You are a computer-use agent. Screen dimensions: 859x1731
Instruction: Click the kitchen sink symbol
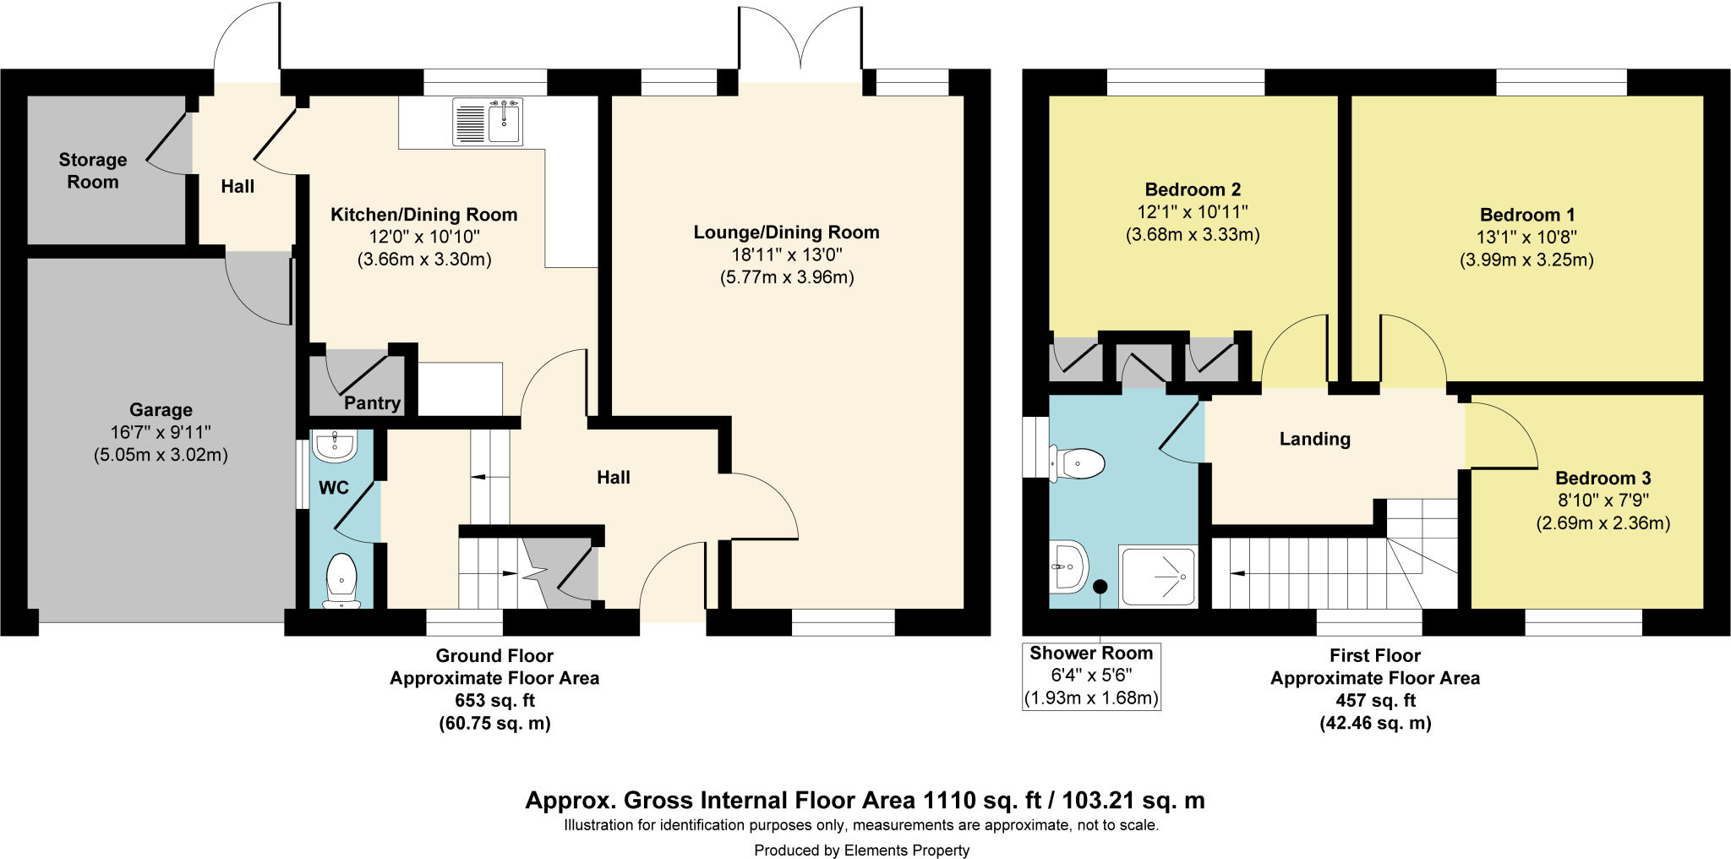tap(488, 122)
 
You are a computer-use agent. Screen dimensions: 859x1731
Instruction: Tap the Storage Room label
tap(93, 171)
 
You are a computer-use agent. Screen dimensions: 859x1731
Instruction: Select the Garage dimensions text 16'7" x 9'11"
tap(161, 433)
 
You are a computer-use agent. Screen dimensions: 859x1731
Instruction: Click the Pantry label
tap(372, 403)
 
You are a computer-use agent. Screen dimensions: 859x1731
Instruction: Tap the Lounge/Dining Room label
tap(786, 233)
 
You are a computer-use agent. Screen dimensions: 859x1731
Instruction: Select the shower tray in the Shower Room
tap(1158, 576)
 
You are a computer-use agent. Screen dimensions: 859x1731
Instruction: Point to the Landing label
tap(1314, 439)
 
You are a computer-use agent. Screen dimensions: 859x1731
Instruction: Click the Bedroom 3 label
tap(1603, 478)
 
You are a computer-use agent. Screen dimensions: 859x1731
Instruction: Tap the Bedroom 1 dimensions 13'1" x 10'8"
tap(1526, 238)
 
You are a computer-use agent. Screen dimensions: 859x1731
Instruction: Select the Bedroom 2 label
tap(1193, 189)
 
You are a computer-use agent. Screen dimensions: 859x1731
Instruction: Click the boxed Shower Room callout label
tap(1091, 676)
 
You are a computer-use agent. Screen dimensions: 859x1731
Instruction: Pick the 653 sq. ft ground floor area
tap(494, 701)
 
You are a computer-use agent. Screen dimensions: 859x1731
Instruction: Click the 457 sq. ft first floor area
tap(1375, 701)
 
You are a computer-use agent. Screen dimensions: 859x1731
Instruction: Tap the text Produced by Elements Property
tap(861, 851)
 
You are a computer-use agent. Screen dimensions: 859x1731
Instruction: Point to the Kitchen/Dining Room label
tap(423, 215)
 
